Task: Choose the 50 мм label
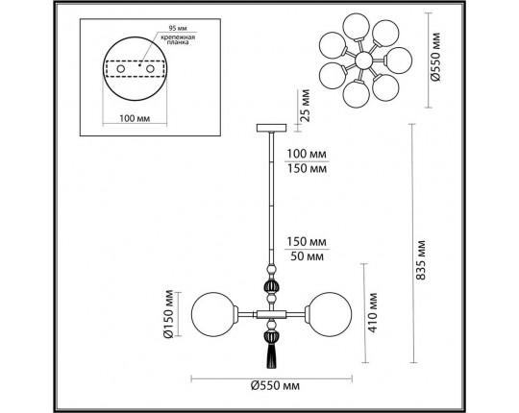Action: coord(304,255)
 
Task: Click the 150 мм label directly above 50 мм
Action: coord(304,241)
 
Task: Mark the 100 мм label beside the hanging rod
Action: coord(304,156)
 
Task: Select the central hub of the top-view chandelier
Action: coord(364,61)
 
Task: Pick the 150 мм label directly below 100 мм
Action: coord(304,170)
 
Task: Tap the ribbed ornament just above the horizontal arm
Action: coord(270,288)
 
